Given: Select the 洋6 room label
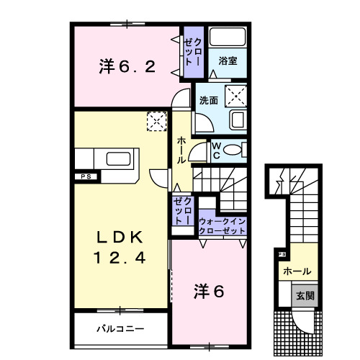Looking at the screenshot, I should (210, 291).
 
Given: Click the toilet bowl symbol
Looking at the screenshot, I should (233, 149).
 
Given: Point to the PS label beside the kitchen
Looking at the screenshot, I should (85, 176).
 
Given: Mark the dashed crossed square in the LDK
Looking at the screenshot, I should (155, 122).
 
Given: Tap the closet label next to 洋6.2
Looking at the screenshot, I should (193, 51).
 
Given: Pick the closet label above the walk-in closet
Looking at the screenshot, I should (183, 210).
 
